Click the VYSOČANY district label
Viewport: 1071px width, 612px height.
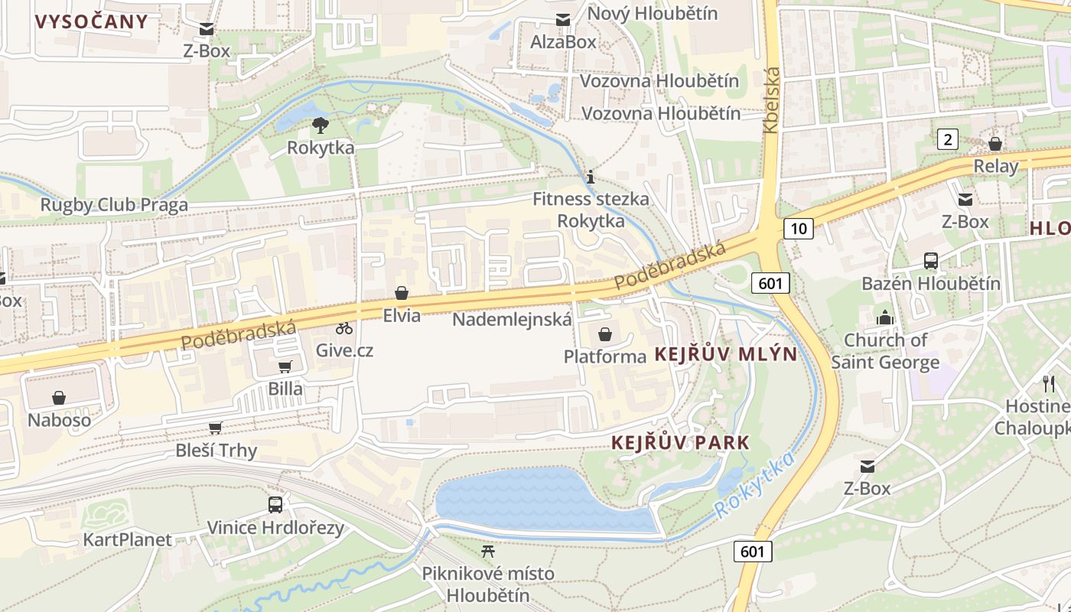tap(92, 21)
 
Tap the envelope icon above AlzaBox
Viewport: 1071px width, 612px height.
tap(563, 20)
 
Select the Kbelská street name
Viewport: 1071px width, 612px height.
tap(771, 99)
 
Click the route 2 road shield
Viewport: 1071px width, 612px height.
tap(948, 139)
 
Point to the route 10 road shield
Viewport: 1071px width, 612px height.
tap(798, 228)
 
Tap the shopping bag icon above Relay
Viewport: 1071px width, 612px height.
tap(995, 144)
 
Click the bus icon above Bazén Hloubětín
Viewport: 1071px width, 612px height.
tap(931, 261)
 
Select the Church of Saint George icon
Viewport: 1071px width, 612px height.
tap(885, 317)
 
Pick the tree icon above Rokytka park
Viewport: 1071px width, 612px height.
tap(321, 125)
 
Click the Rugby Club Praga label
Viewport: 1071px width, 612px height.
tap(114, 205)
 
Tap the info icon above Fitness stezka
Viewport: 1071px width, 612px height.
tap(590, 177)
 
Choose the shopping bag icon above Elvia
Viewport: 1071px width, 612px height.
tap(402, 293)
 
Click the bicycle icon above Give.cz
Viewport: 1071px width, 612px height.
tap(344, 328)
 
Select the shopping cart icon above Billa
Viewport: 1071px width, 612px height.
tap(285, 366)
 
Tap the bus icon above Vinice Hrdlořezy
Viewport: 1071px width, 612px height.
tap(275, 505)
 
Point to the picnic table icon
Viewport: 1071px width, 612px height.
tap(488, 551)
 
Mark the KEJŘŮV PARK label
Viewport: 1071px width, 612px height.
tap(680, 443)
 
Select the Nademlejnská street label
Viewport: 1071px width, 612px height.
tap(512, 319)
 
